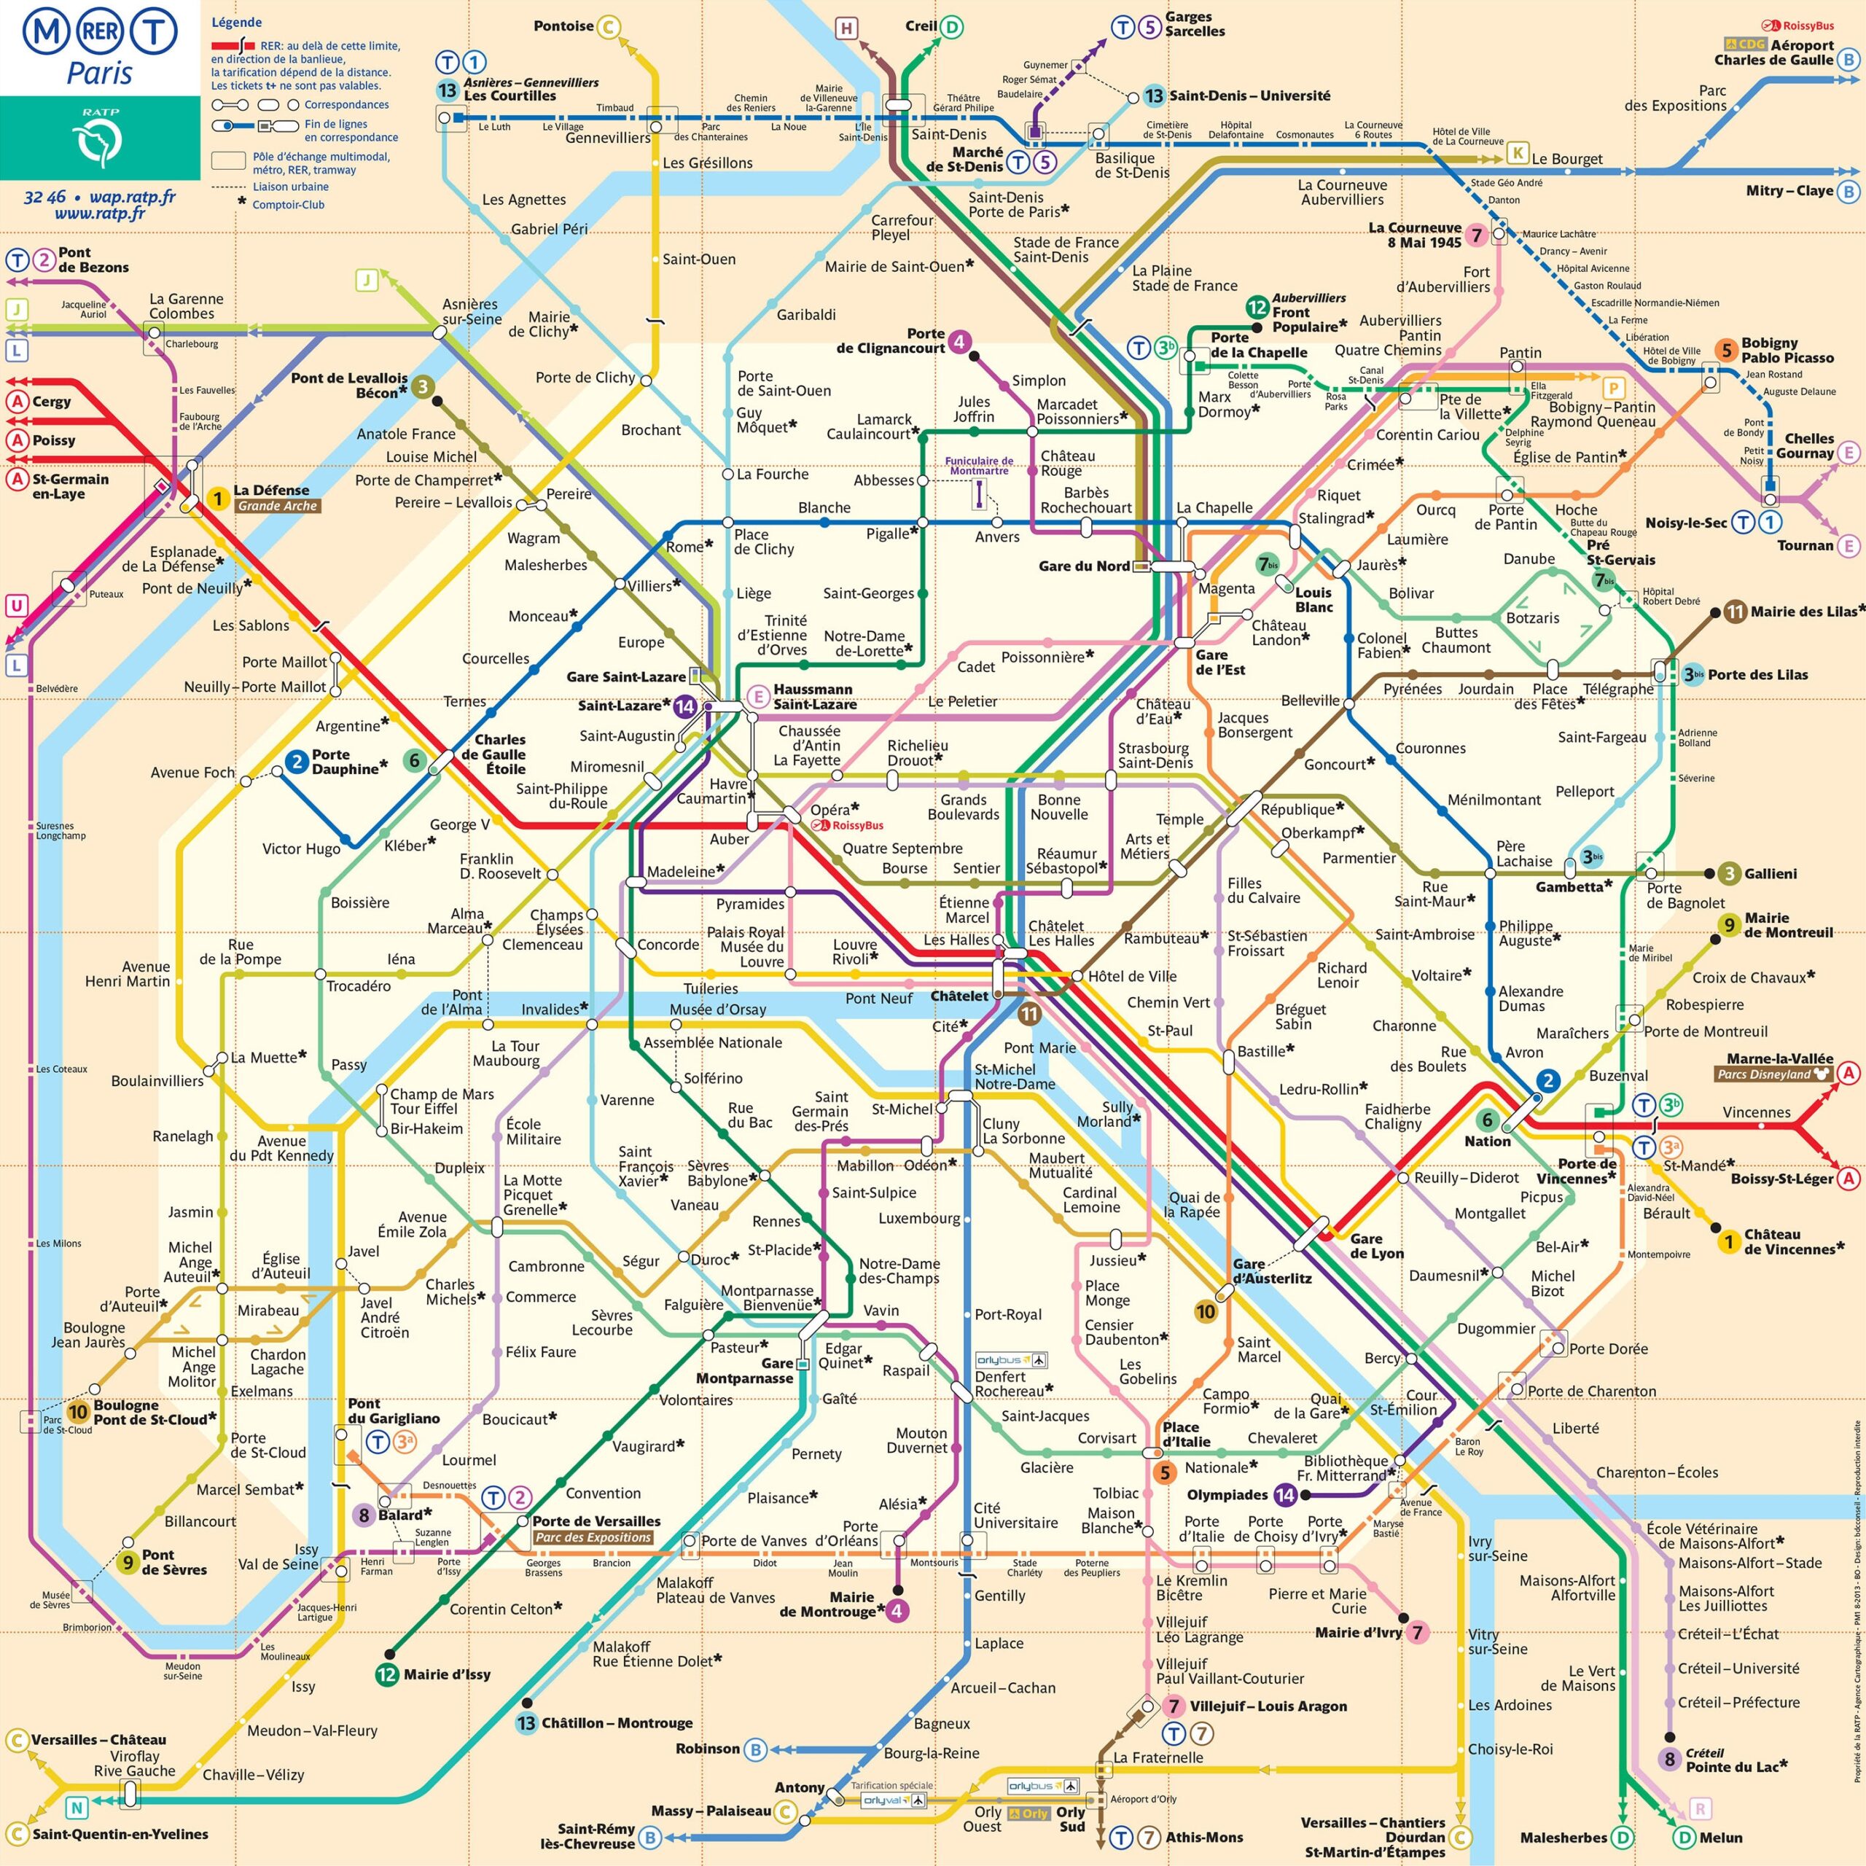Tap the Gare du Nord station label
click(x=1084, y=566)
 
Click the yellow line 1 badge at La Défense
click(x=218, y=499)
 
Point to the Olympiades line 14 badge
click(x=1284, y=1494)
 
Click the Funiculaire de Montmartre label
click(x=978, y=466)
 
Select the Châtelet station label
click(x=959, y=996)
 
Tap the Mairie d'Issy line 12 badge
click(x=387, y=1674)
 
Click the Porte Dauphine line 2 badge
click(x=297, y=762)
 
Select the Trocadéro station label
click(x=359, y=986)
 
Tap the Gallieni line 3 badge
click(x=1729, y=874)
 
